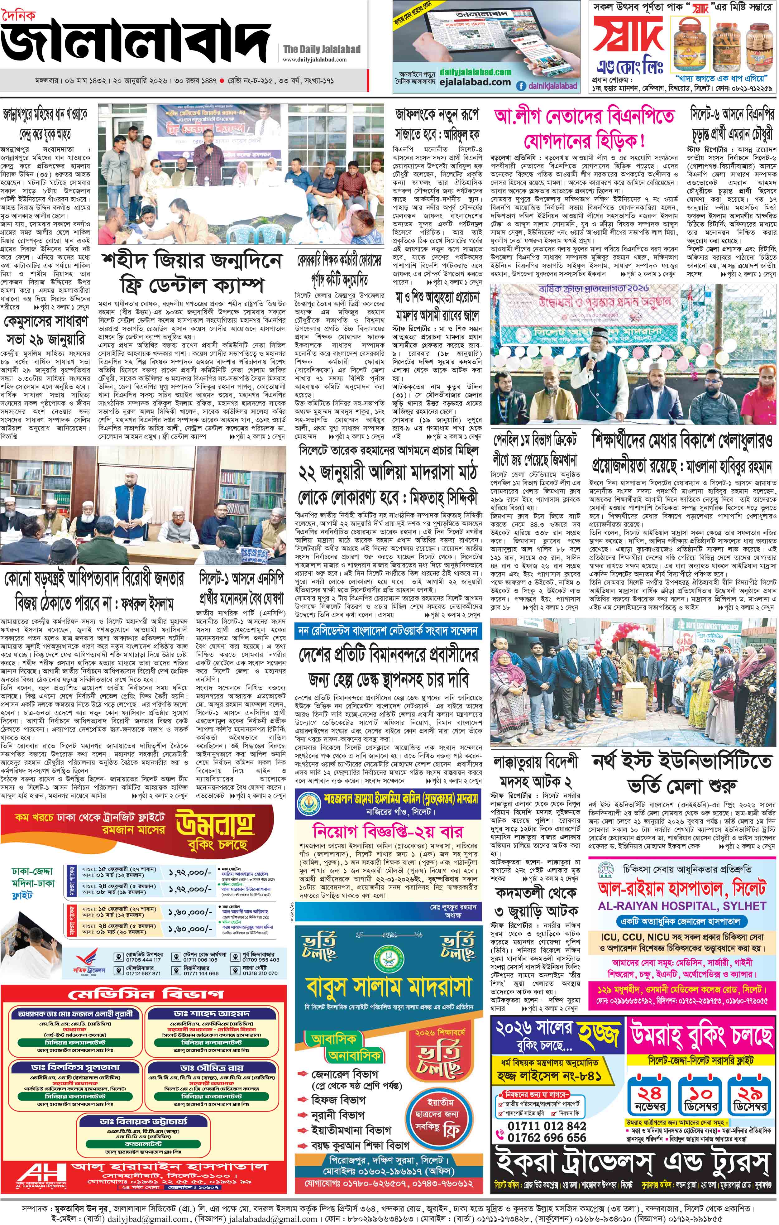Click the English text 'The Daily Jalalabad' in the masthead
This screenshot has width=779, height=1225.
tap(321, 49)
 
